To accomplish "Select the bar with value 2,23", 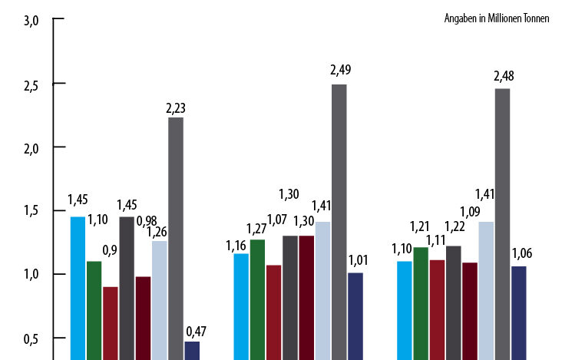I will click(x=175, y=238).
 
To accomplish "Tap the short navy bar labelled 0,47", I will click(x=192, y=350).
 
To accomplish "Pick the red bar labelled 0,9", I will click(x=111, y=322).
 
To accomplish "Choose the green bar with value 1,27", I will click(x=257, y=299).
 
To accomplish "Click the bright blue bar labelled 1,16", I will click(x=241, y=306).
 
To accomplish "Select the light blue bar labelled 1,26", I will click(x=159, y=300).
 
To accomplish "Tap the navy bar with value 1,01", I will click(x=355, y=315).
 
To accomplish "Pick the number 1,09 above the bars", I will click(x=470, y=211).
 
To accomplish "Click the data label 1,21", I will click(x=420, y=227).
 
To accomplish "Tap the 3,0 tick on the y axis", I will click(x=31, y=21).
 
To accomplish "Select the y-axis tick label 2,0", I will click(x=31, y=147).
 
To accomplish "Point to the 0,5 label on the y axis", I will click(x=31, y=338).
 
